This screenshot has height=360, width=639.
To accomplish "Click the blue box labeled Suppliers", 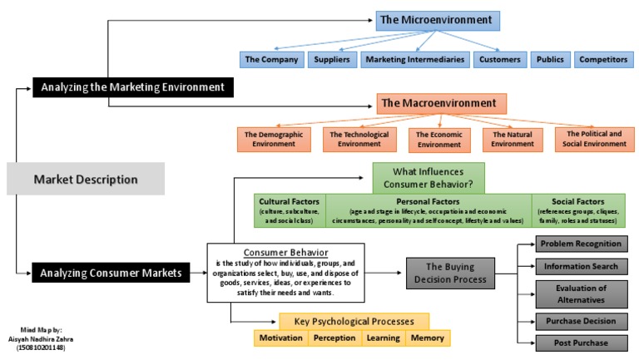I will [x=332, y=59].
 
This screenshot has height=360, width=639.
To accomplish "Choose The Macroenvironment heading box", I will [x=438, y=104].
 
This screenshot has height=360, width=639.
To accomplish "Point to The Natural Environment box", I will [x=513, y=138].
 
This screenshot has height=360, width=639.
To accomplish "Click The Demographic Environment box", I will [x=273, y=138].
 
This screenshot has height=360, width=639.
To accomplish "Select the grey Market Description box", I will [x=86, y=179].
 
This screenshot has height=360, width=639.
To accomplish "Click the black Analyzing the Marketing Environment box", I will [x=134, y=86].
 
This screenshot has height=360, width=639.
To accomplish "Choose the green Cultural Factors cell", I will [x=290, y=211].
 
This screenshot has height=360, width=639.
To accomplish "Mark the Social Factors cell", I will [x=580, y=211].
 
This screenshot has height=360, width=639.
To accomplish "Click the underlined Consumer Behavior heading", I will [x=285, y=252].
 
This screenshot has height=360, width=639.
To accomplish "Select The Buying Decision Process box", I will [x=450, y=272].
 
